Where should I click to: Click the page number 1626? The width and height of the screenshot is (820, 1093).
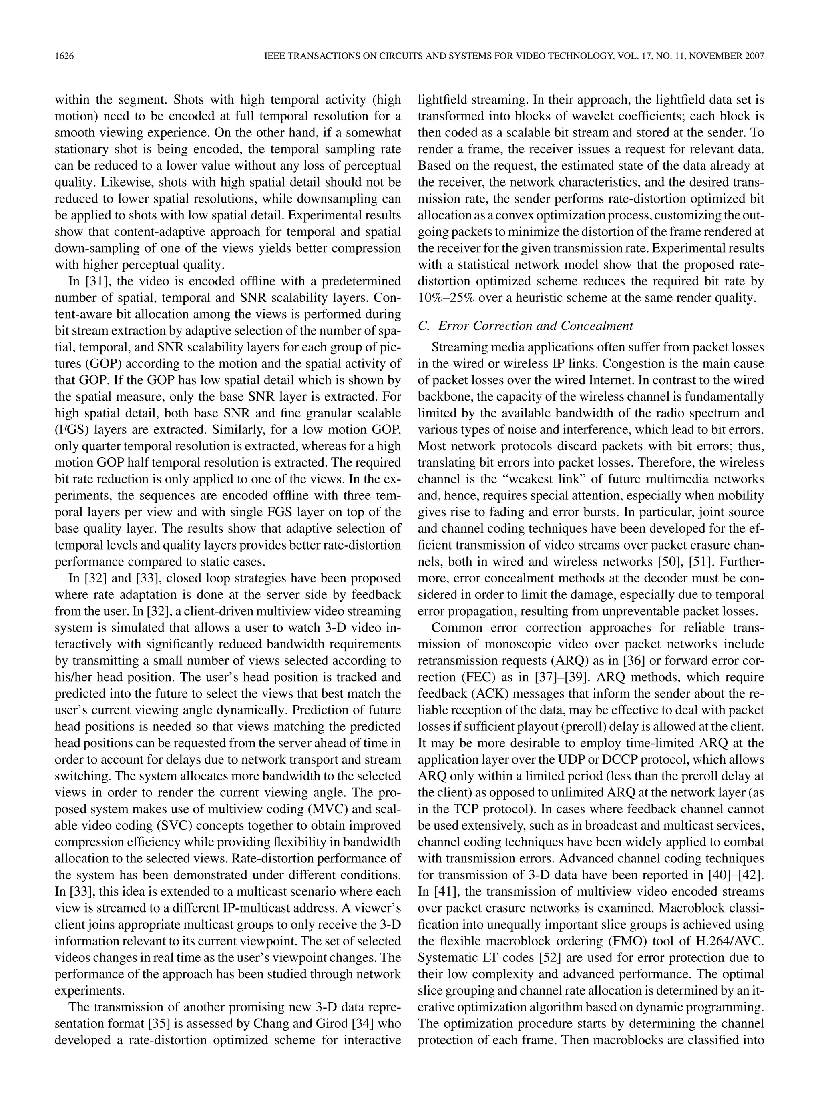(x=64, y=56)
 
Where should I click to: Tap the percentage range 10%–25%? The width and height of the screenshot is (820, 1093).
(x=446, y=298)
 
